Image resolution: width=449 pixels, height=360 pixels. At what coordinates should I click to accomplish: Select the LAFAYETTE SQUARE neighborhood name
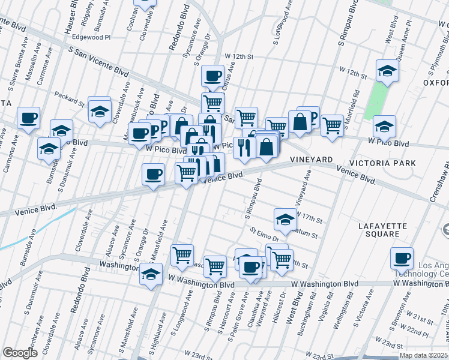point(382,231)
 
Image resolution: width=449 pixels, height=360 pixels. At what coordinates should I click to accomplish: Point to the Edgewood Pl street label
point(92,37)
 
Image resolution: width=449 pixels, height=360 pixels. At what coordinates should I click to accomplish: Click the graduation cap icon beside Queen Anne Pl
point(387,71)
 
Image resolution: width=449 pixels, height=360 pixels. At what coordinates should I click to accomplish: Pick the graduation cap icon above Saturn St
point(285,219)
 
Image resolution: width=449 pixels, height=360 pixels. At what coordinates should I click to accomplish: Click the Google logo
point(20,353)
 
